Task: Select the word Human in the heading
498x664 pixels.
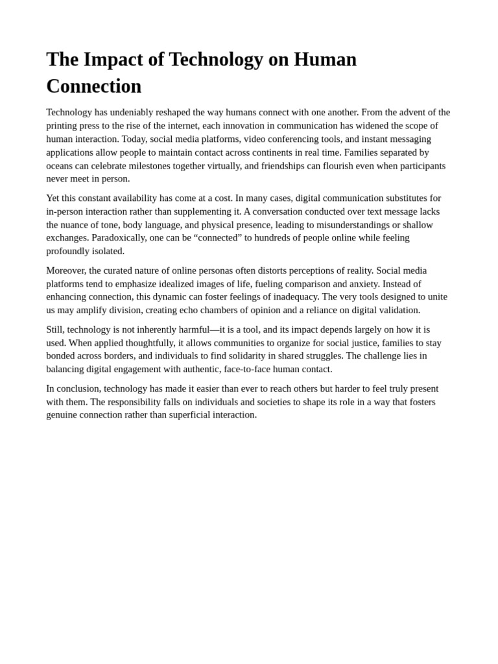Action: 325,60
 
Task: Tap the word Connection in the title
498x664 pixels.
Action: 93,86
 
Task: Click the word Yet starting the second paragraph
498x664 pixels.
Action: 54,198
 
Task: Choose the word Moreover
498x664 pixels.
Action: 65,270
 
